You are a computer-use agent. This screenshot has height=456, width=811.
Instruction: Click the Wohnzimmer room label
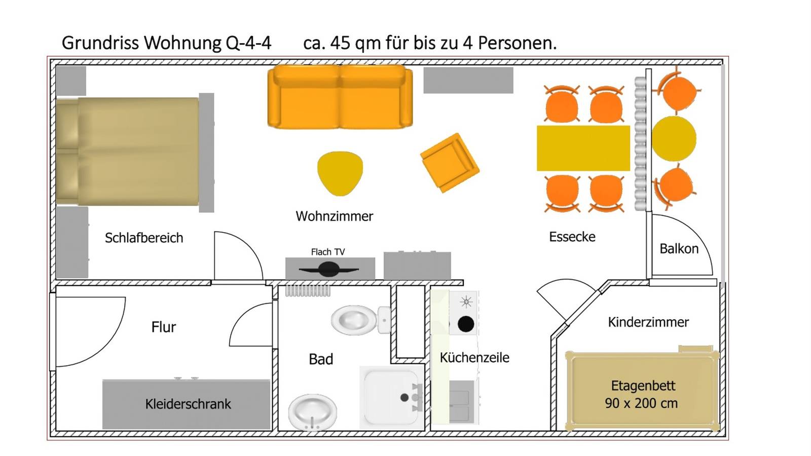334,216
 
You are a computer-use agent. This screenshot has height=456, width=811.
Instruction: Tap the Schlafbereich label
144,238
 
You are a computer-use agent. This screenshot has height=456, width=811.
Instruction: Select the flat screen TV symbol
329,269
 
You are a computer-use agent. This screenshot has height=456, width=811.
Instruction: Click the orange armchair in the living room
450,163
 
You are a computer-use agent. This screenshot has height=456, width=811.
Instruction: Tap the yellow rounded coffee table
340,173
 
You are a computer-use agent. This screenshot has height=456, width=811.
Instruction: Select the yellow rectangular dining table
583,148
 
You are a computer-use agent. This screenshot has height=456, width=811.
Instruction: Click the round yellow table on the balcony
674,139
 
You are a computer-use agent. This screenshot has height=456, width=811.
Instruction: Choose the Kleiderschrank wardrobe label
188,404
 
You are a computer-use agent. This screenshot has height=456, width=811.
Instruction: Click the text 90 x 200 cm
641,403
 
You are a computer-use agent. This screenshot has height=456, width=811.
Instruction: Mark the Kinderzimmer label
648,322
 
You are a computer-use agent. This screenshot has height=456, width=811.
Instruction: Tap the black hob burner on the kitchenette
466,324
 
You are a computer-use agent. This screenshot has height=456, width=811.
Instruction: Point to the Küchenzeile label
474,357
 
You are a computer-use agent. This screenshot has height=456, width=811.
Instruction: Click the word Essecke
572,237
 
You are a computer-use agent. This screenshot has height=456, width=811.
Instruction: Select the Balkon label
679,249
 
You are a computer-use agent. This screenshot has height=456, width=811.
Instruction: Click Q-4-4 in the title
248,43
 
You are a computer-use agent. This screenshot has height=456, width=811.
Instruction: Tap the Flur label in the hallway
164,327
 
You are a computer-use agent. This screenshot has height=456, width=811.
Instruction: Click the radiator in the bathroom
308,291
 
